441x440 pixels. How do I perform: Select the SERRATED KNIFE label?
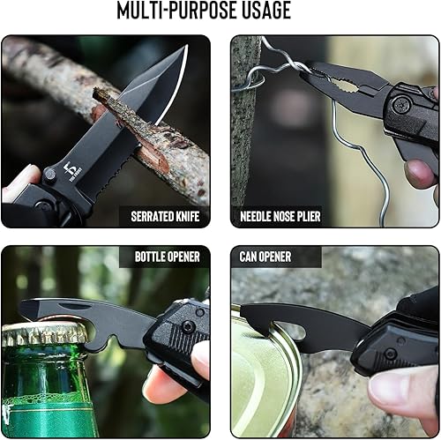pos(165,214)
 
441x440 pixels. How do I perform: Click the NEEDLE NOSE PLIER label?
pos(280,214)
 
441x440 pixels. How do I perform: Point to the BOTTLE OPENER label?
pos(167,257)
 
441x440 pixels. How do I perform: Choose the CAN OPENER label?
pos(266,257)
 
